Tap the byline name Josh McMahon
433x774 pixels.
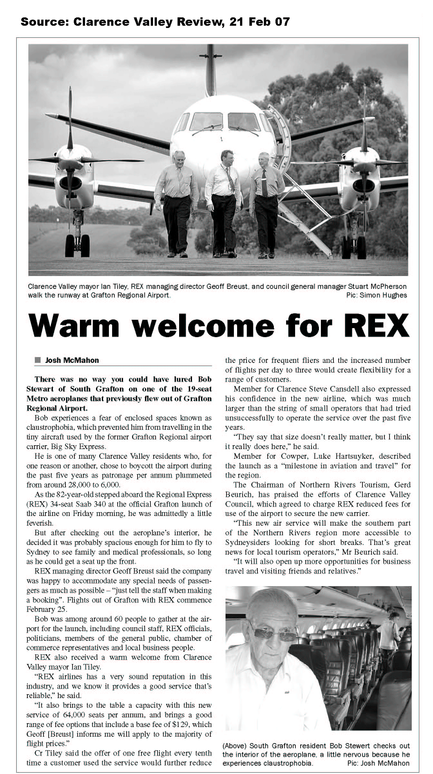click(72, 360)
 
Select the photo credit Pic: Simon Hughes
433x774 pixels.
click(377, 295)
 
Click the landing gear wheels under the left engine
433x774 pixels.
click(77, 246)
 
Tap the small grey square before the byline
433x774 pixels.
click(38, 360)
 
